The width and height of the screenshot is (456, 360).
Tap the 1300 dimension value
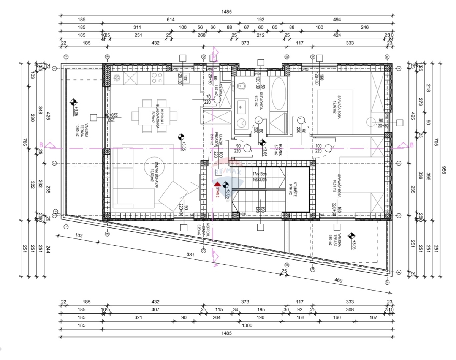247,325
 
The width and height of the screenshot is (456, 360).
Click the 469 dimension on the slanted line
338,281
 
